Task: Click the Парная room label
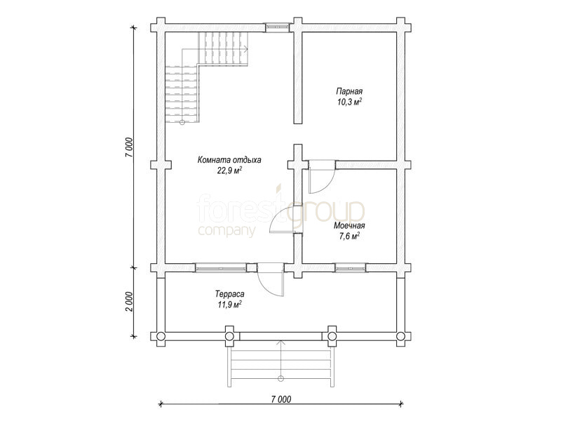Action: click(349, 91)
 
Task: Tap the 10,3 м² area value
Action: click(349, 102)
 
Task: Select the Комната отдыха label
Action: click(229, 160)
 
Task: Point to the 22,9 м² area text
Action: click(229, 171)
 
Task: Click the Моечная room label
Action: click(349, 225)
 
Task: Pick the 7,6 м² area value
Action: click(349, 236)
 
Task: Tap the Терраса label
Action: click(230, 294)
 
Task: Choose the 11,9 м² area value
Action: click(230, 305)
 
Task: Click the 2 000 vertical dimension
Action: click(129, 302)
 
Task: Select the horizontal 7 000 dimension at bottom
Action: click(281, 399)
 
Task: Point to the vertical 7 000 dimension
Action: click(129, 147)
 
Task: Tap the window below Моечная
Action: click(351, 267)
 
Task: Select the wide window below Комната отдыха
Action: click(221, 267)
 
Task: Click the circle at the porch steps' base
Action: click(281, 378)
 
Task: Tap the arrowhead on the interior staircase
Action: click(246, 49)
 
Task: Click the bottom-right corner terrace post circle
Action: click(400, 336)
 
